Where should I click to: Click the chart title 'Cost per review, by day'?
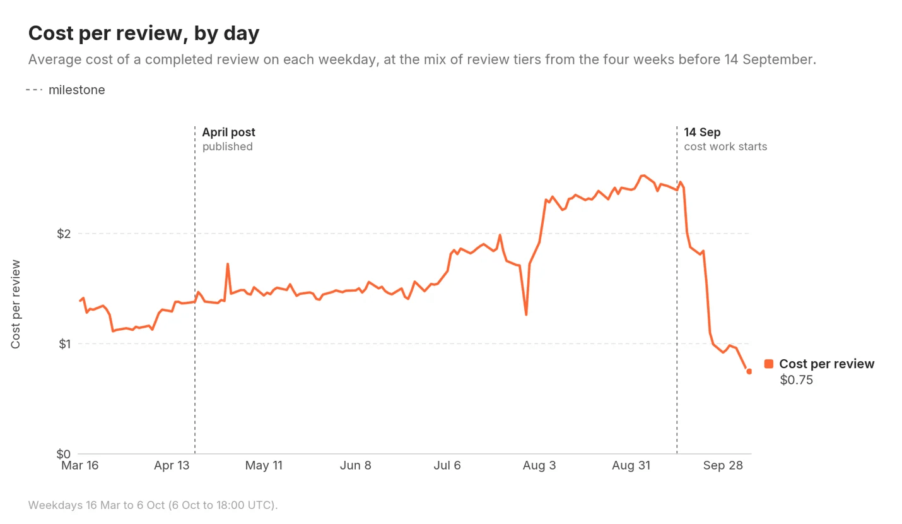pos(144,33)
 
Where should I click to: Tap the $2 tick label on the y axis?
pos(64,234)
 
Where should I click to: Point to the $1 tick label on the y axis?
pos(65,344)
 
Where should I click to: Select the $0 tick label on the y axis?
pos(64,454)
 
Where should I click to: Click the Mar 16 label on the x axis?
pos(79,465)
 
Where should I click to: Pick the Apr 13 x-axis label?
pos(172,465)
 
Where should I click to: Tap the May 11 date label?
pos(264,465)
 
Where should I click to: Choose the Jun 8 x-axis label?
pos(356,465)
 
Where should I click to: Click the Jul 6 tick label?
pos(447,465)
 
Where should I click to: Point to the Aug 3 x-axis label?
pos(539,465)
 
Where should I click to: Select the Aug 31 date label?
pos(631,465)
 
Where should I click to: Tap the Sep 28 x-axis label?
pos(723,465)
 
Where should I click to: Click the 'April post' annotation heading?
pos(229,132)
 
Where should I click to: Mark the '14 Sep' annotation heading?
pos(702,132)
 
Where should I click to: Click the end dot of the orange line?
pos(749,371)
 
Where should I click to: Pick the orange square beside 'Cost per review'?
pos(769,364)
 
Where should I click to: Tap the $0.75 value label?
pos(796,379)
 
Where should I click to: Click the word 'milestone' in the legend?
pos(76,90)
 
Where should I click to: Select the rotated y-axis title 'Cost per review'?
pos(15,304)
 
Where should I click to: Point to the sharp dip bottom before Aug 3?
pos(526,314)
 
